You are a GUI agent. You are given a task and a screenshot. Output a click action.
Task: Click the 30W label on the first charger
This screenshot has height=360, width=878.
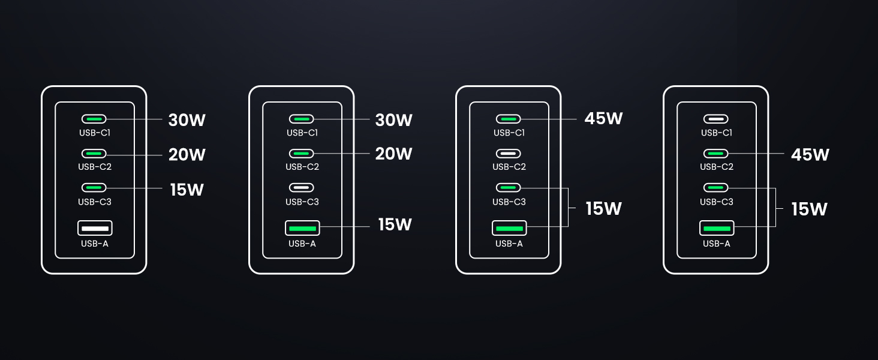pyautogui.click(x=187, y=120)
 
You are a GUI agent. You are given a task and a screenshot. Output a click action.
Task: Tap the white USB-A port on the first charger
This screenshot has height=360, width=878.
pyautogui.click(x=95, y=228)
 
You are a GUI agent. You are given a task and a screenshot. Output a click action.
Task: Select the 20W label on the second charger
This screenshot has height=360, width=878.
pyautogui.click(x=393, y=154)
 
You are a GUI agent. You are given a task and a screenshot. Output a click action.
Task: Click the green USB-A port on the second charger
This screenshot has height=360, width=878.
pyautogui.click(x=302, y=228)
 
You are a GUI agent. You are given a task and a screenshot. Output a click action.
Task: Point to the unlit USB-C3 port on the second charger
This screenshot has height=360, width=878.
pyautogui.click(x=302, y=187)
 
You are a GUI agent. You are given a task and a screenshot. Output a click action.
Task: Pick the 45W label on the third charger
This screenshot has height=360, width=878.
pyautogui.click(x=603, y=119)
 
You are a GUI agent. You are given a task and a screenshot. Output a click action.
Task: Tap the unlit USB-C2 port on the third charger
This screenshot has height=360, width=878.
pyautogui.click(x=509, y=154)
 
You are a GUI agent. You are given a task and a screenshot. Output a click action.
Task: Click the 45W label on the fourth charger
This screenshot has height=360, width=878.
pyautogui.click(x=810, y=154)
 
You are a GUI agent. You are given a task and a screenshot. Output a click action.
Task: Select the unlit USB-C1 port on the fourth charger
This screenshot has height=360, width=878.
pyautogui.click(x=716, y=119)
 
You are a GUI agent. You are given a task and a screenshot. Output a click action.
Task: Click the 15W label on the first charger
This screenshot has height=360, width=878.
pyautogui.click(x=187, y=190)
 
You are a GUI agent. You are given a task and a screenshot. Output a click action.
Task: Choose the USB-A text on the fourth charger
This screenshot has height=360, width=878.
pyautogui.click(x=716, y=244)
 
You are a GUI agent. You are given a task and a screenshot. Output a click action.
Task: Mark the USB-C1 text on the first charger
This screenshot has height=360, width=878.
pyautogui.click(x=95, y=133)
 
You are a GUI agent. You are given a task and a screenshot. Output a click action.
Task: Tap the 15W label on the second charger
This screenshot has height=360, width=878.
pyautogui.click(x=395, y=224)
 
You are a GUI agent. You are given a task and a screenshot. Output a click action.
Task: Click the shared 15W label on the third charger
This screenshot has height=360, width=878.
pyautogui.click(x=603, y=208)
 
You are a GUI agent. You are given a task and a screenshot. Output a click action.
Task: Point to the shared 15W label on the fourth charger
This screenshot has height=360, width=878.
pyautogui.click(x=809, y=209)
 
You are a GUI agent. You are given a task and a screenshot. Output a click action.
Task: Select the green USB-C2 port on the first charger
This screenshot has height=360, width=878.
pyautogui.click(x=95, y=154)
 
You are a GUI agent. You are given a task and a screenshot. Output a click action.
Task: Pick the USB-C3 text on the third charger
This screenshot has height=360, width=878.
pyautogui.click(x=509, y=202)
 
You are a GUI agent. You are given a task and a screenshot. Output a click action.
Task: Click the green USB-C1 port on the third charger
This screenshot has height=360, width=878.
pyautogui.click(x=509, y=119)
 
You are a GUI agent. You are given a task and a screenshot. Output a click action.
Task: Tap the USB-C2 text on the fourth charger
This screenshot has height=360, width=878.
pyautogui.click(x=716, y=167)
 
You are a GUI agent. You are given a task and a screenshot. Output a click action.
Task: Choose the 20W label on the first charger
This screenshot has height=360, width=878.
pyautogui.click(x=187, y=155)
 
